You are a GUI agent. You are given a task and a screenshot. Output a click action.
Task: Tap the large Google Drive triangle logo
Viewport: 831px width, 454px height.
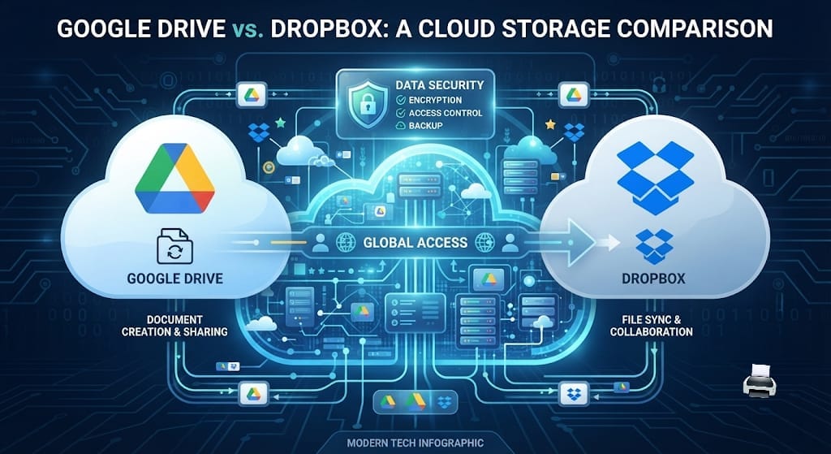(175, 179)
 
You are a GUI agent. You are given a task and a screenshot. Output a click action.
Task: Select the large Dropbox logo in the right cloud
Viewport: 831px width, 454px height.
(656, 179)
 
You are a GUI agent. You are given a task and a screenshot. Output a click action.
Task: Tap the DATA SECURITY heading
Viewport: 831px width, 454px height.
(439, 84)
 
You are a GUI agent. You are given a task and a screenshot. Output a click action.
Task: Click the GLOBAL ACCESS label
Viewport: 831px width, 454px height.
(415, 243)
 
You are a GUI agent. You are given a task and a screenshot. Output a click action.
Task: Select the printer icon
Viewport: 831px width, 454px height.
(760, 380)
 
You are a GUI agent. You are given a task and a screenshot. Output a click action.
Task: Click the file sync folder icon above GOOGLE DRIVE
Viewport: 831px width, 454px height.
(175, 245)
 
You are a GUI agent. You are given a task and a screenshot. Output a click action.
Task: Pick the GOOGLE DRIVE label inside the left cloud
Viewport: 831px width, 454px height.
(175, 278)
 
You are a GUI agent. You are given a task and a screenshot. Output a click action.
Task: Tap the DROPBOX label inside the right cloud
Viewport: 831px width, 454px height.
(653, 278)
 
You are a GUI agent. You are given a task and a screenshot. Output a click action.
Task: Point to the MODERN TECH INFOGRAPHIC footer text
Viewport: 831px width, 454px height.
(415, 443)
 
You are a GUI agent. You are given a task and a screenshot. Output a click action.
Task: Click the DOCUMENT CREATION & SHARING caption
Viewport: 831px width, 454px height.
(175, 326)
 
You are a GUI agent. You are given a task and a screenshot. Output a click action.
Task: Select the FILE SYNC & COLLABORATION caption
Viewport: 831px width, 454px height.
(652, 326)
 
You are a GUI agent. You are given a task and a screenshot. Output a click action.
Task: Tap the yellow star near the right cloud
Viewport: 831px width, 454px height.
(550, 124)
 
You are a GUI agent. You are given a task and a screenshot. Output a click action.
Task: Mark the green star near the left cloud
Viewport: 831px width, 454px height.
(280, 123)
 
